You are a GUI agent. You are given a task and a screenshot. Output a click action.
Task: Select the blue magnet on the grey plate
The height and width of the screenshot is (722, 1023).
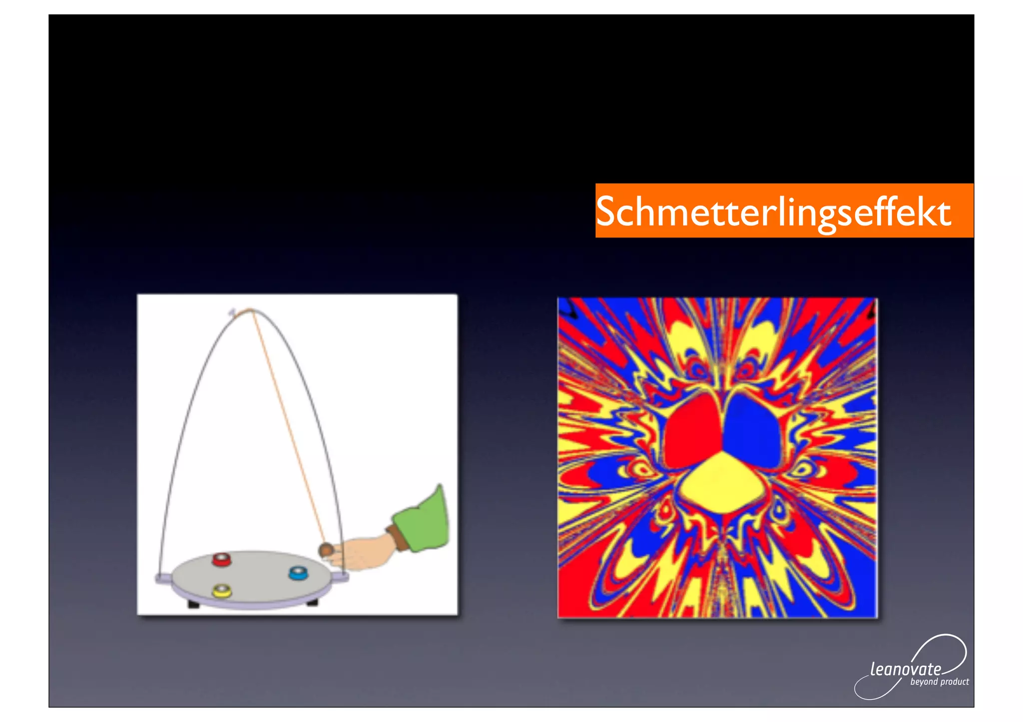298,573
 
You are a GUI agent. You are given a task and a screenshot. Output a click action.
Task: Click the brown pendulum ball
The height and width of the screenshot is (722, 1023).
326,549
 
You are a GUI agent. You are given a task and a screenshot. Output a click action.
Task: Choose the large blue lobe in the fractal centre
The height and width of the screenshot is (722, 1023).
752,429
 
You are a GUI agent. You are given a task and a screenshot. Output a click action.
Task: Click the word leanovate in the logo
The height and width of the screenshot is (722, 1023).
905,669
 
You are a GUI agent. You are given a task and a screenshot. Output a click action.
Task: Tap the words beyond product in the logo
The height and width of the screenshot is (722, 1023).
939,682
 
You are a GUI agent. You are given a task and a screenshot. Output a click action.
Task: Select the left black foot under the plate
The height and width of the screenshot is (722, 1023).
193,604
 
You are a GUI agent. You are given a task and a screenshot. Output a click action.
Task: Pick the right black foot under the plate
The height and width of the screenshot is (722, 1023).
312,602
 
